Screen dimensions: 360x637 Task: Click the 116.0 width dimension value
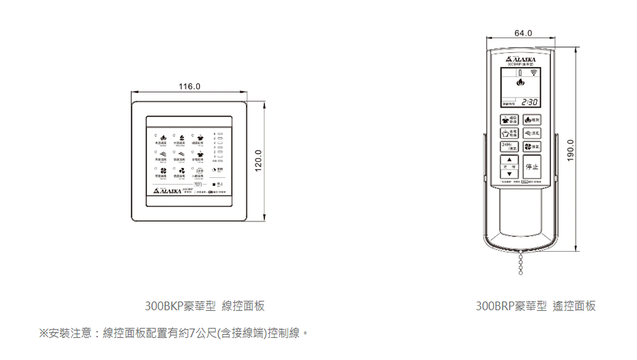[189, 86]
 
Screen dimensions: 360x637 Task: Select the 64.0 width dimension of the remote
[520, 32]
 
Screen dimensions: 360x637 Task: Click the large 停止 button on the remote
[531, 167]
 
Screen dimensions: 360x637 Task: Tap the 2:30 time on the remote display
[530, 103]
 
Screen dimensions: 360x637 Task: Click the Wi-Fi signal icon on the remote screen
[533, 74]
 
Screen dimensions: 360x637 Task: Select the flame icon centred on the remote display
[519, 82]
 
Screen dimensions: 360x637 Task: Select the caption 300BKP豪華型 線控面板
[204, 306]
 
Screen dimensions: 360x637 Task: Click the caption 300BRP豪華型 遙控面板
[536, 306]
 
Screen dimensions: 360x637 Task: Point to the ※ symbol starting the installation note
[44, 333]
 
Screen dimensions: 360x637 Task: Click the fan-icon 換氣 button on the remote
[531, 147]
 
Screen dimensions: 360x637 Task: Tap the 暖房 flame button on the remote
[531, 120]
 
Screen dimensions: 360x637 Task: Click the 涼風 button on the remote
[531, 133]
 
